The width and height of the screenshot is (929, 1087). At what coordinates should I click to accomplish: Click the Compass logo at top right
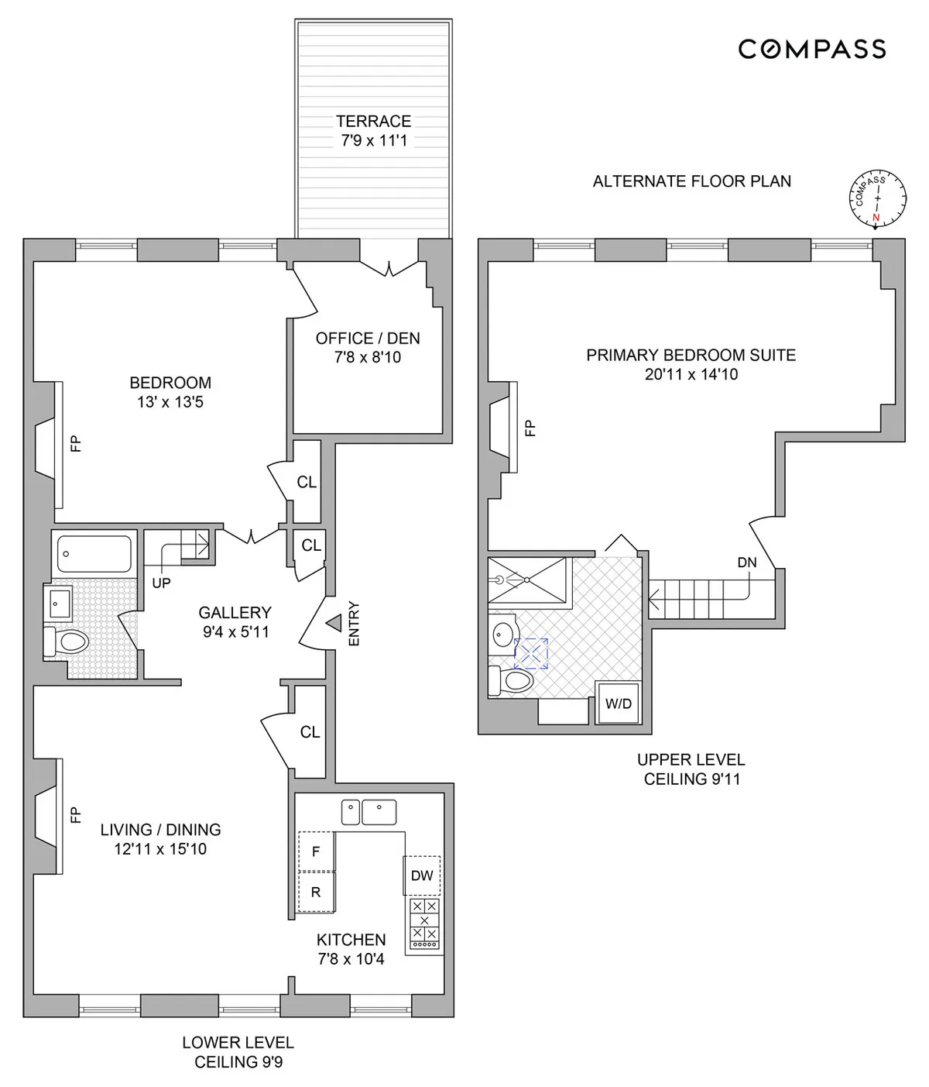tap(811, 50)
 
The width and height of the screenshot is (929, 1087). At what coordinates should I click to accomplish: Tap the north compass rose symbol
tap(876, 198)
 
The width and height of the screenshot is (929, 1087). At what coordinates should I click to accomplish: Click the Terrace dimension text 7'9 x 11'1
tap(374, 141)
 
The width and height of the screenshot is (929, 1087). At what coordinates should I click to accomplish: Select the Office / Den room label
tap(368, 339)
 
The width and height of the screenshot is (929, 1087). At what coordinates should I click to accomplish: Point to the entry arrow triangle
tap(334, 622)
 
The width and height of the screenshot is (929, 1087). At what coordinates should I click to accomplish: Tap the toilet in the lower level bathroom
tap(67, 642)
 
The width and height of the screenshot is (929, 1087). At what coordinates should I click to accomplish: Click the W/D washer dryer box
tap(618, 704)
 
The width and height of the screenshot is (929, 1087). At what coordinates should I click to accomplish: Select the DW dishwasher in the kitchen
tap(421, 875)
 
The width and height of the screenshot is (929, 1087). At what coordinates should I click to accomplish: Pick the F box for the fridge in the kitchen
tap(316, 851)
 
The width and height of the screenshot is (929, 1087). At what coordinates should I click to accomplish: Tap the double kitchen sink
tap(369, 813)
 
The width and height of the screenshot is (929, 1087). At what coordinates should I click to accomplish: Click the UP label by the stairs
tap(161, 583)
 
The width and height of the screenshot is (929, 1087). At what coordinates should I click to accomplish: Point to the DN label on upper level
tap(746, 562)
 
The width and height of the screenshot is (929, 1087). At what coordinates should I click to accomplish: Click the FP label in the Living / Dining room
tap(75, 814)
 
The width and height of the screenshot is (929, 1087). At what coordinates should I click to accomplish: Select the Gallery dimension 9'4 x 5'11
tap(235, 631)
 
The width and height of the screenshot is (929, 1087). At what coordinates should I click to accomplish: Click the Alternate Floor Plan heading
tap(691, 181)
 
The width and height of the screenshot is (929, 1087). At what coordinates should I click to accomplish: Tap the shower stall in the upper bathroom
tap(530, 579)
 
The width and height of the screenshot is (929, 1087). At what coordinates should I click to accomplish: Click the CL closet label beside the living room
tap(310, 732)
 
